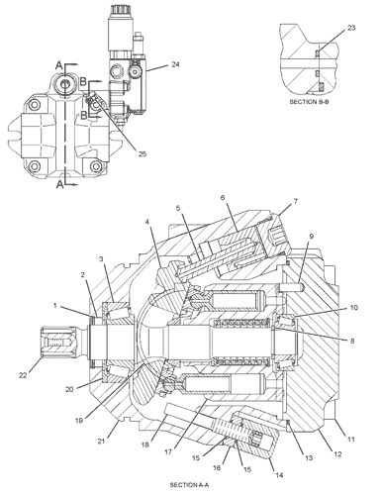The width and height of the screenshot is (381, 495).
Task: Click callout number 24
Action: [175, 64]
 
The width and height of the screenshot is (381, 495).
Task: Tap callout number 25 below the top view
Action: [143, 154]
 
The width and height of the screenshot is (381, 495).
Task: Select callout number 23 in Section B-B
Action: [351, 28]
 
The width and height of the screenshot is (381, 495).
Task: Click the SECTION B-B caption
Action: [309, 102]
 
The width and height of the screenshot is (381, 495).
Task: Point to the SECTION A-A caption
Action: [189, 485]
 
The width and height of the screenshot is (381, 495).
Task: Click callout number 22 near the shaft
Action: [23, 375]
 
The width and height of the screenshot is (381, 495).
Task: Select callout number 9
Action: [312, 237]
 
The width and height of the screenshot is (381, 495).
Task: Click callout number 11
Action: [351, 440]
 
